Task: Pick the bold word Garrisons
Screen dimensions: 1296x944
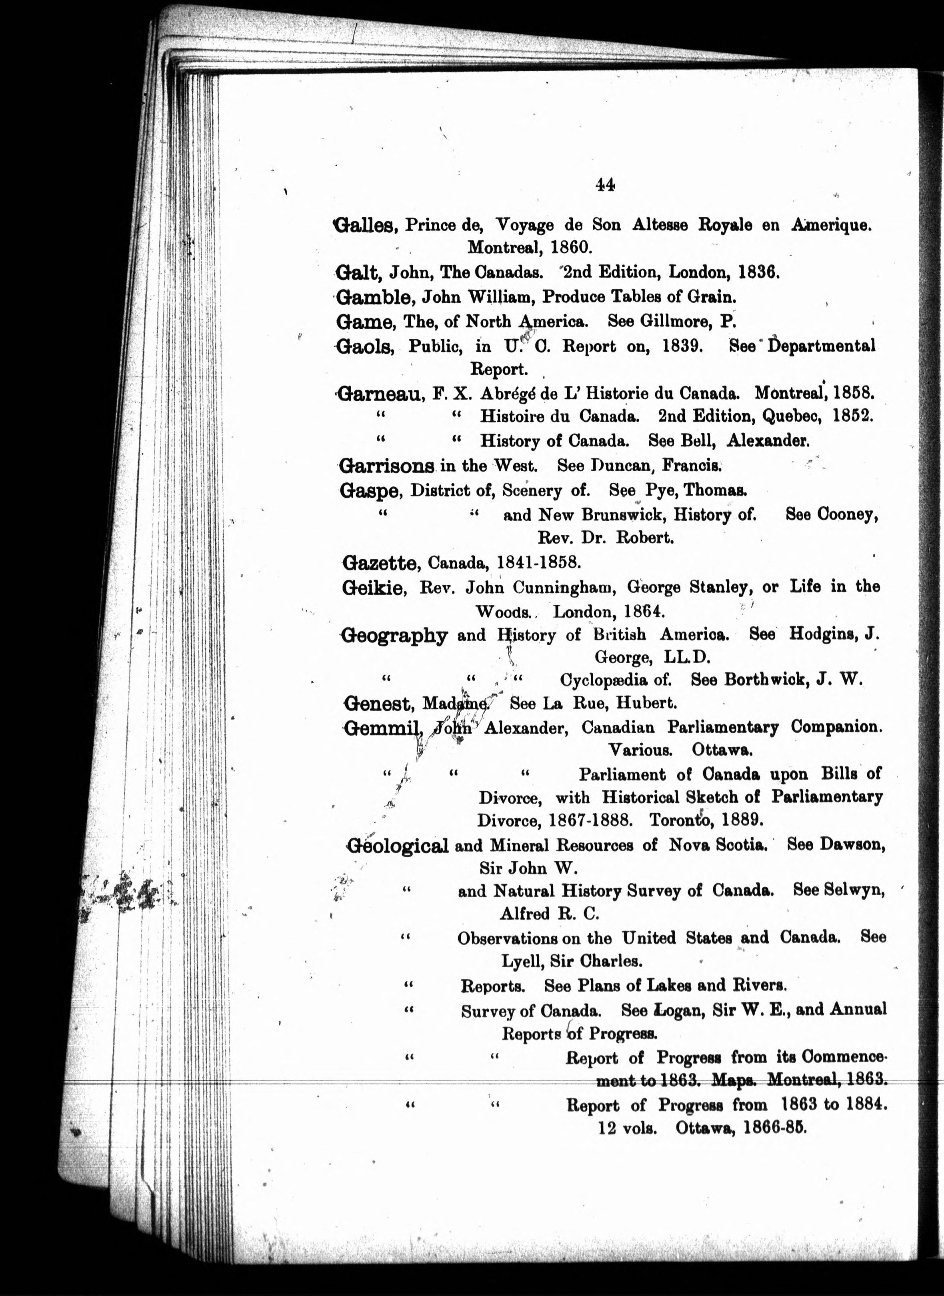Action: pos(387,466)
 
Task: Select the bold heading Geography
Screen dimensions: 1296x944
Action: pos(394,636)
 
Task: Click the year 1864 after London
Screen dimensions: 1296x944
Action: pos(644,612)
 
